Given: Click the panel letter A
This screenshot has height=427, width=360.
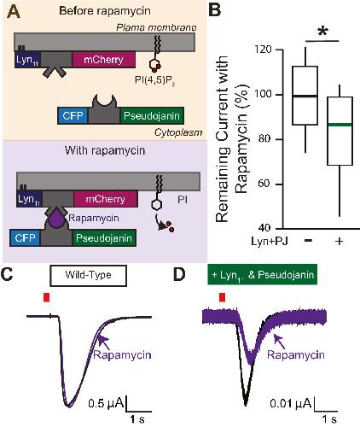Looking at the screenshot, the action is coord(14,12).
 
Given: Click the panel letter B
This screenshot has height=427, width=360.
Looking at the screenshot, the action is coord(214,11).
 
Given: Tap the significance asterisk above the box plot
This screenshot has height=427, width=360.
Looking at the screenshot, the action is coord(322,32).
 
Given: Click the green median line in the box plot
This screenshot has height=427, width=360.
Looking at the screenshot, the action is coord(340,125).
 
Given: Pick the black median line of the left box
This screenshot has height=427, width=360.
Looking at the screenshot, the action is coord(305,96).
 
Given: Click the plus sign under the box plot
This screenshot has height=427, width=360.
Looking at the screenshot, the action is coord(339,242).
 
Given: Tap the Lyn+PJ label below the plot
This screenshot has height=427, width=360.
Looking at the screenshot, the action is coord(270,242).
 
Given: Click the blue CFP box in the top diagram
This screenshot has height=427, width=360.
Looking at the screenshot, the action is coord(73,116).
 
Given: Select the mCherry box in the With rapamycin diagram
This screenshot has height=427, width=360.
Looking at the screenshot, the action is coord(106,199).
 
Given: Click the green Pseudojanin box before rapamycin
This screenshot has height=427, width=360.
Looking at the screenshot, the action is coord(152,116).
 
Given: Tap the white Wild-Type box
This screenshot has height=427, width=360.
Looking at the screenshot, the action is coord(88,275).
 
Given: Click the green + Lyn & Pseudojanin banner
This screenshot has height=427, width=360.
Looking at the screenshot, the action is coord(262,274).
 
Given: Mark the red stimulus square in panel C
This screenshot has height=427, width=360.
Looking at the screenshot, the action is coord(47,297).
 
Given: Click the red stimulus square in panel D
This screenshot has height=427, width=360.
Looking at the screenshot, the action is coord(223,297).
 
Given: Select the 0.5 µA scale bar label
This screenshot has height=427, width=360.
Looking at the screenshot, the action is coord(106,403).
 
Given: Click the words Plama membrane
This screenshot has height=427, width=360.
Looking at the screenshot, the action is coord(156,27).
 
